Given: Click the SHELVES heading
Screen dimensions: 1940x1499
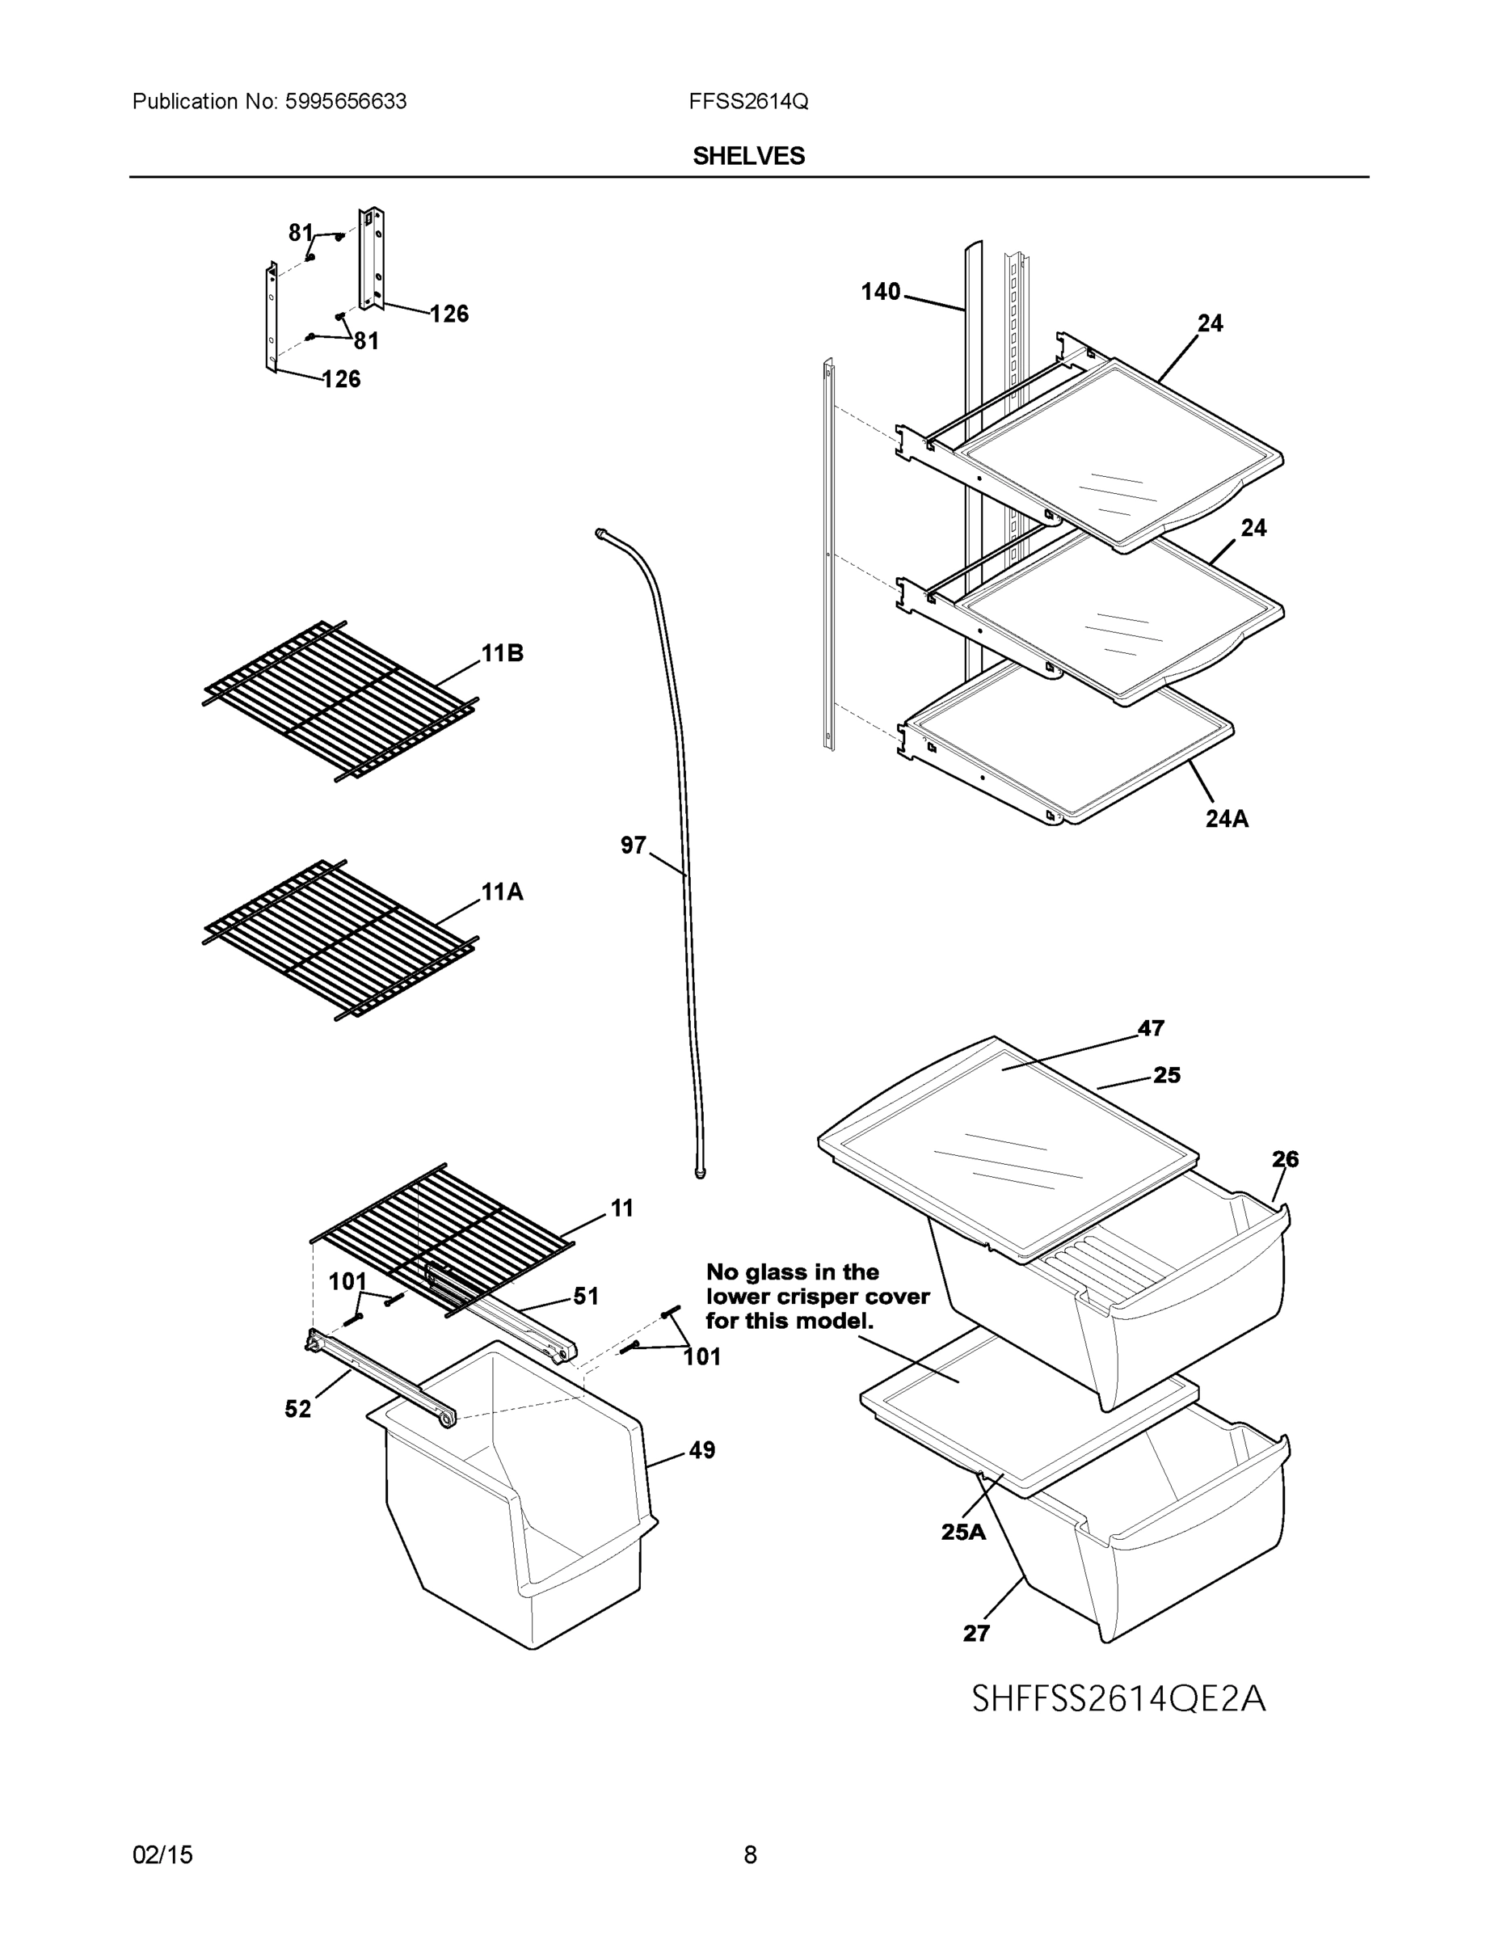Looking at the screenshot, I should coord(748,156).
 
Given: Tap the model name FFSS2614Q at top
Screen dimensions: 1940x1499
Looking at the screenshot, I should coord(747,102).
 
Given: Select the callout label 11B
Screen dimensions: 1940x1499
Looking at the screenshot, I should coord(502,654).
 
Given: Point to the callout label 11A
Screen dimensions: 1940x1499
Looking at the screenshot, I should coord(502,892).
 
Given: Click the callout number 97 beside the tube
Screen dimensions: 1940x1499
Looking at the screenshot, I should coord(634,846).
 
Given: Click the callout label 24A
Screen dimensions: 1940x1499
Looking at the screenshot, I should coord(1227,819).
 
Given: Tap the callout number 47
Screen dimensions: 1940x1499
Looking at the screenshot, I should coord(1151,1029).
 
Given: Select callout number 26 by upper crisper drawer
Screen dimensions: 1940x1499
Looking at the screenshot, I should coord(1285,1159).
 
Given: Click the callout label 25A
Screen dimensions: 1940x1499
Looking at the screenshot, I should coord(963,1532).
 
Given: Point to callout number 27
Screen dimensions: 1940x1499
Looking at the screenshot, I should coord(976,1633).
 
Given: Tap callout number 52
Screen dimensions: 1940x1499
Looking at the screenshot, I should coord(297,1409).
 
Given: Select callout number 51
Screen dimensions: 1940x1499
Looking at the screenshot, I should coord(586,1296).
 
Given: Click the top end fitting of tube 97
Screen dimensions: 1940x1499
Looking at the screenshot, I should coord(601,532).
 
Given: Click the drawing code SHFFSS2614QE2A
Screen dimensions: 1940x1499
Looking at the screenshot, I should coord(1118,1698).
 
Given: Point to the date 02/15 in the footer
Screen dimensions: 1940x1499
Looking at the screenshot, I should coord(162,1855).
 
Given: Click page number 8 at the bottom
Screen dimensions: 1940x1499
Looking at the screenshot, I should coord(750,1855).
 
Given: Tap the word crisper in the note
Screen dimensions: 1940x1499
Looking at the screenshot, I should coord(816,1297).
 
